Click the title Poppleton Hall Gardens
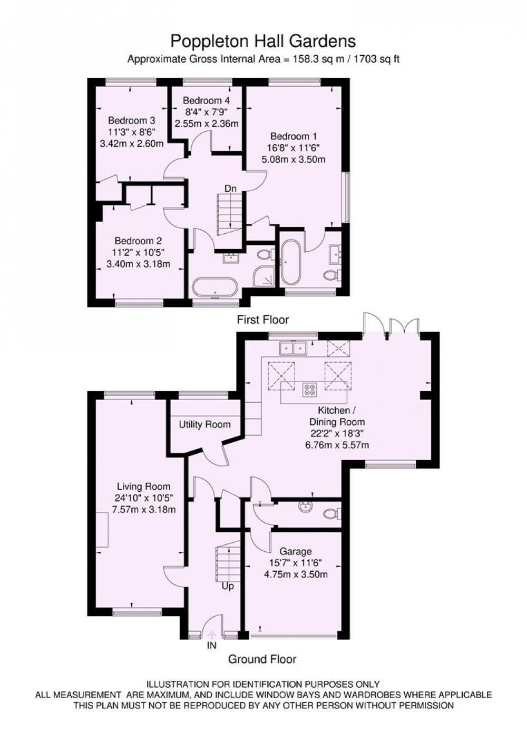coord(263,42)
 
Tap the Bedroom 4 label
coord(207,100)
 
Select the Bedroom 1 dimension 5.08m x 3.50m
coord(294,160)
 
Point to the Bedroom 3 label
coord(132,120)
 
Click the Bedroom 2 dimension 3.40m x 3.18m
coord(139,264)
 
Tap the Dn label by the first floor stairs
coord(230,188)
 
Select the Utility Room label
coord(205,424)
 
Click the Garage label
coord(296,551)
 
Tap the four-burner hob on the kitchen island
coord(310,390)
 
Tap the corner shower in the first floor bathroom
coord(263,276)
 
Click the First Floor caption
coord(262,320)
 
